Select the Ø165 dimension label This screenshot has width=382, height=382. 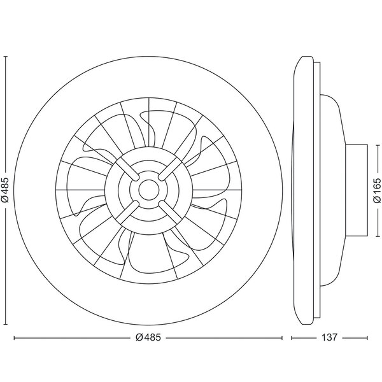(x=376, y=190)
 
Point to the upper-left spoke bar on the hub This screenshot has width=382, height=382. (x=129, y=171)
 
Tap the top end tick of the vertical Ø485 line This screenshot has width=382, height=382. (x=6, y=55)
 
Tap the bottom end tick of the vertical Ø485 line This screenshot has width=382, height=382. (x=6, y=323)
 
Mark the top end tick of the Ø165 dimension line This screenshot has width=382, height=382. (x=376, y=144)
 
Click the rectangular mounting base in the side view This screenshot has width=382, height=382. (x=357, y=189)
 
